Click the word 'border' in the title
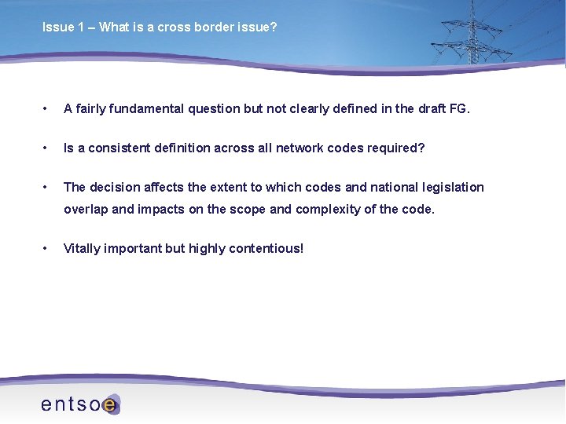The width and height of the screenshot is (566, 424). (x=204, y=27)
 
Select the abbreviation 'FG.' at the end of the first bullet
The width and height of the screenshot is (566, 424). (x=460, y=108)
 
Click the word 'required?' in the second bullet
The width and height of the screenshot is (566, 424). (x=396, y=148)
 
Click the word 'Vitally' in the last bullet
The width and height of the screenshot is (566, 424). (x=82, y=248)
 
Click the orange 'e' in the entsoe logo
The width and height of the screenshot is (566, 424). (x=110, y=404)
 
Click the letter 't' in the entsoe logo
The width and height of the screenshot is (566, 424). (x=75, y=404)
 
